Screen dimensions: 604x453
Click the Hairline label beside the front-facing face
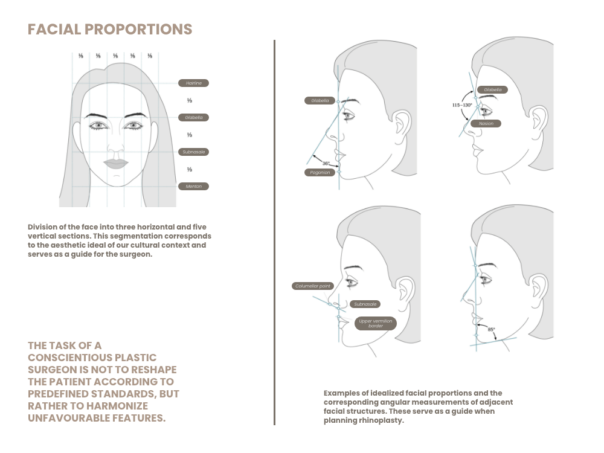(x=193, y=83)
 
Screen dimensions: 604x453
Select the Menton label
(x=193, y=187)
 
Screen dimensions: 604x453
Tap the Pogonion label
(x=320, y=173)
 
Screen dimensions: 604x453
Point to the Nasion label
(x=486, y=124)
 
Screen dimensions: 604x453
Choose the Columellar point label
(x=313, y=286)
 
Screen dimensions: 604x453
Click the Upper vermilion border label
(x=375, y=323)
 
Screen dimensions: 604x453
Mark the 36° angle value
(x=326, y=163)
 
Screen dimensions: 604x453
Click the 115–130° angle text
(x=462, y=104)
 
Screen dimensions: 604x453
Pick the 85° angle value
(x=491, y=329)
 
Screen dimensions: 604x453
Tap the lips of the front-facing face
(x=115, y=163)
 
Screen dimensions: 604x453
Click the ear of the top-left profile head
(x=402, y=123)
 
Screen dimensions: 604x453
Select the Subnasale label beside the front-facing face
(x=193, y=152)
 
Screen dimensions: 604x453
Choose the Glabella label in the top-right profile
(x=492, y=90)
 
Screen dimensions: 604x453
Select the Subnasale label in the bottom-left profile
(x=365, y=304)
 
